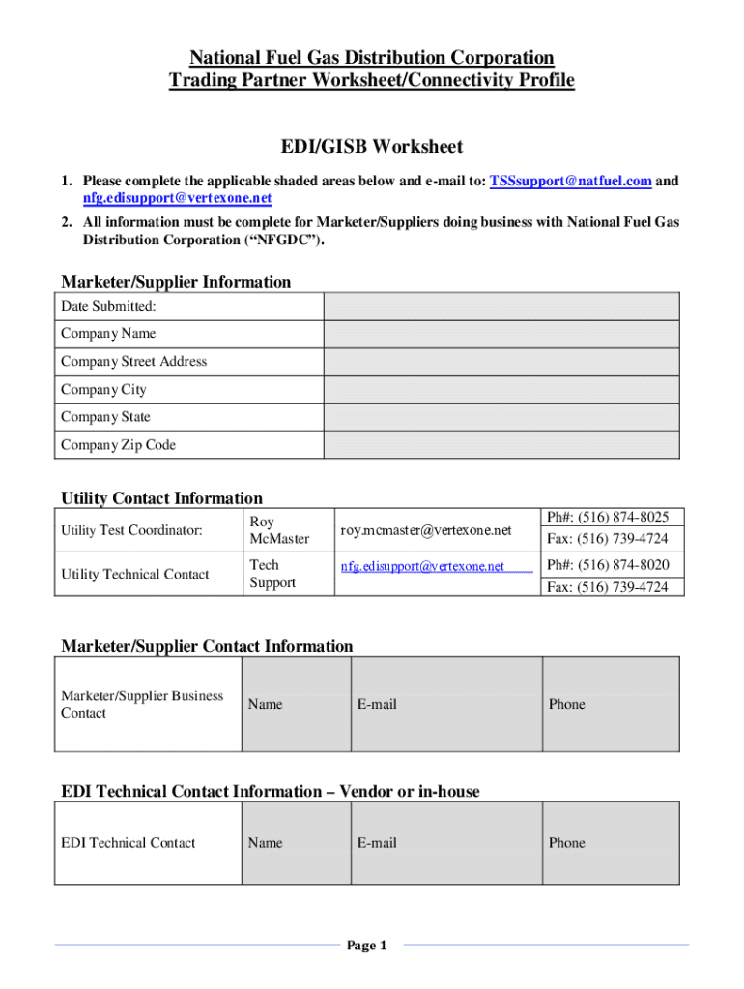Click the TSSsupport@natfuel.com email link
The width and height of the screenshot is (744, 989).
[x=570, y=182]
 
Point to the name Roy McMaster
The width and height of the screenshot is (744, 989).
[x=279, y=529]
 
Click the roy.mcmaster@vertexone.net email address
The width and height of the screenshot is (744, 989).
[x=425, y=530]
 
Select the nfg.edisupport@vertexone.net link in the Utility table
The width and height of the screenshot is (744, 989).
[x=422, y=566]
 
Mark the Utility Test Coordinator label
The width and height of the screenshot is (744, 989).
[x=131, y=530]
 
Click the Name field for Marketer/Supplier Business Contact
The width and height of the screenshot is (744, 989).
[x=294, y=704]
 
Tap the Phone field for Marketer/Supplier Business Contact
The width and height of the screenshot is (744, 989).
[x=612, y=704]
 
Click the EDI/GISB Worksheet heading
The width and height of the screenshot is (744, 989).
[x=372, y=147]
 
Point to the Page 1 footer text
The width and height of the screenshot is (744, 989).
[x=366, y=946]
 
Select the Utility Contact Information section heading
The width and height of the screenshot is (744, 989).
[x=161, y=498]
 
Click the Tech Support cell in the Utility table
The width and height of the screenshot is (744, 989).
[x=272, y=574]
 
